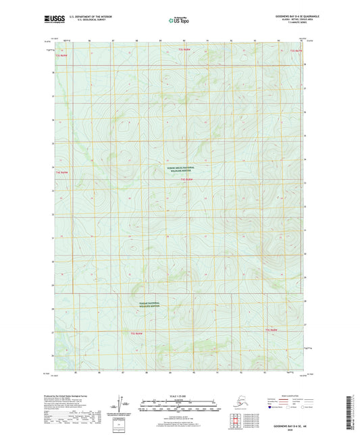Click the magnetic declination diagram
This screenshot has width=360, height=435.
tap(124, 403)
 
